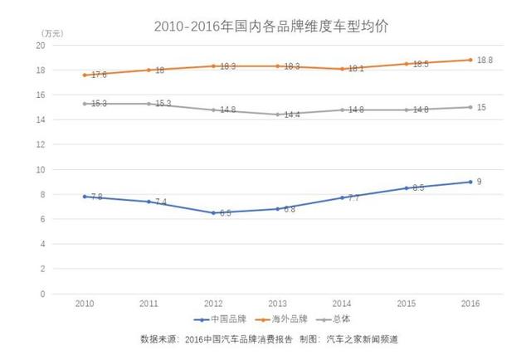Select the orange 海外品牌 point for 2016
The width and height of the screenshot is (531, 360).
tap(470, 60)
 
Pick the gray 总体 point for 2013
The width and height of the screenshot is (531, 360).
tap(276, 114)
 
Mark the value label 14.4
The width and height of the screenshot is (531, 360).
tap(290, 115)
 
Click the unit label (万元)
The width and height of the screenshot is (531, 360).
tap(51, 32)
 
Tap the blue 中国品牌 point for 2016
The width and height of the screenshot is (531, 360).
tap(470, 182)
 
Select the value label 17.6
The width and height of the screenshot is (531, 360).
tap(100, 75)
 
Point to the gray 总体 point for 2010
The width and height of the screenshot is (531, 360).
tap(84, 104)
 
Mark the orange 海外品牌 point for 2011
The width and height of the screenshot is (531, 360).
tap(149, 70)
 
